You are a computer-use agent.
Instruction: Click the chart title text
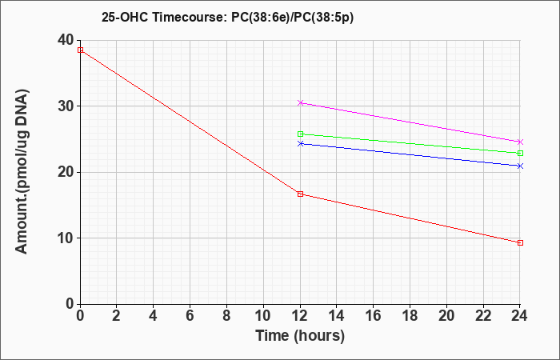pos(227,18)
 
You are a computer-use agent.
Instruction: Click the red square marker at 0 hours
pos(80,50)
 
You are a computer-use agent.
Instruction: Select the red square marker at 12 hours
pos(300,194)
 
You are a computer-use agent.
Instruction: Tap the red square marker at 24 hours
pos(520,243)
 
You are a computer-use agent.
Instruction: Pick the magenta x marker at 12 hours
pos(300,103)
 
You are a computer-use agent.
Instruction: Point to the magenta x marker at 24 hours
pos(520,142)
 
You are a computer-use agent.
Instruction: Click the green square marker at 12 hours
pos(300,134)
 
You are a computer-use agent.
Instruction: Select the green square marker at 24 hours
pos(520,154)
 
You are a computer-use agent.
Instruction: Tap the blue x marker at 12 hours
pos(300,143)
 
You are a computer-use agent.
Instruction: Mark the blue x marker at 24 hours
pos(520,166)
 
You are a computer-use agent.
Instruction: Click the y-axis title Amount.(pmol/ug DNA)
pos(22,172)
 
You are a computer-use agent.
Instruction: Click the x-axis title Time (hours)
pos(300,336)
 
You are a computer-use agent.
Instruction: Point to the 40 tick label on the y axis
pos(65,40)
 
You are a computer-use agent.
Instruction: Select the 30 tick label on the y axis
pos(65,106)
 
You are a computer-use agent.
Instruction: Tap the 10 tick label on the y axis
pos(65,238)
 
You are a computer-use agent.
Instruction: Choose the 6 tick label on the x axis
pos(190,316)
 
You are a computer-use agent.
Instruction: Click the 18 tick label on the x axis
pos(410,316)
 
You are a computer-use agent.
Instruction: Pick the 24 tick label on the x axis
pos(520,316)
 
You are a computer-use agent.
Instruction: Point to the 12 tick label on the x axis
pos(300,316)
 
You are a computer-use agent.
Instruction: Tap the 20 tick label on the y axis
pos(65,172)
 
